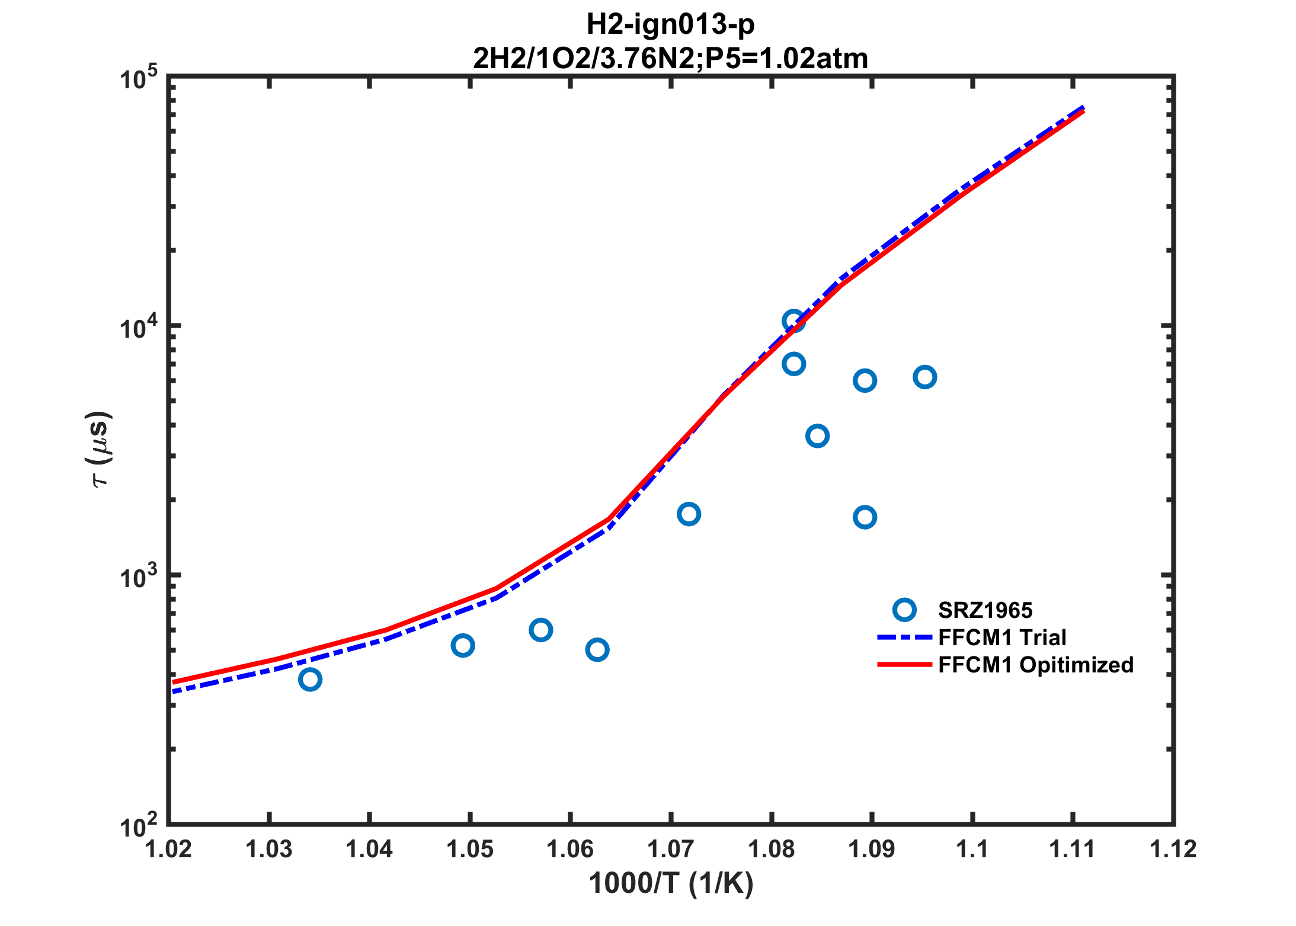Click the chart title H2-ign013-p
pos(670,24)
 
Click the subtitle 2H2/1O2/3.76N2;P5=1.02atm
pos(670,58)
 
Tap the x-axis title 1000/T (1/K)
pos(671,883)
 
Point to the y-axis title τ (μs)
pos(99,448)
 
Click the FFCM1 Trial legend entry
pos(1002,637)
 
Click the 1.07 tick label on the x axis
pos(670,850)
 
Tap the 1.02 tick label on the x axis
pos(169,850)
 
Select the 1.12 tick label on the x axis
pos(1173,850)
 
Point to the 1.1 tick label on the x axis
pos(972,850)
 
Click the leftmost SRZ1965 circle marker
pos(310,679)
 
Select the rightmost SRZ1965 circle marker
pos(924,377)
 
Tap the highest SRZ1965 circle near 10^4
pos(793,322)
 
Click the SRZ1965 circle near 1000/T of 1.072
pos(689,514)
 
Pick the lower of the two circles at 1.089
pos(865,517)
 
